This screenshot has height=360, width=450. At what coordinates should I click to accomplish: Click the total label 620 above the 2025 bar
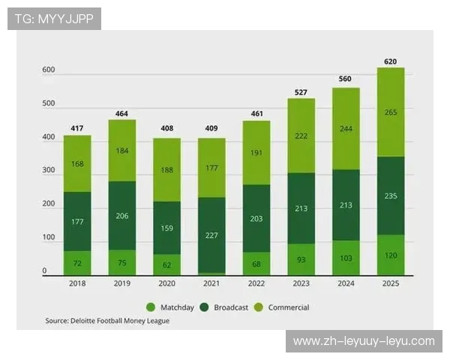[390, 61]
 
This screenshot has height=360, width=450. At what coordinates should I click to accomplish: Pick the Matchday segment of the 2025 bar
[390, 255]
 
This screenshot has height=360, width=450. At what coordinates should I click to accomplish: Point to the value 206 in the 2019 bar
[122, 215]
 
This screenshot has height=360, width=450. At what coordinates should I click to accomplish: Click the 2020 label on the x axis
[166, 284]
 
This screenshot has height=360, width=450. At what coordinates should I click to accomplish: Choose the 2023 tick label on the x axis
[301, 284]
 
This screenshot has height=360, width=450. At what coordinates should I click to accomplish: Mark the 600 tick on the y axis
[49, 70]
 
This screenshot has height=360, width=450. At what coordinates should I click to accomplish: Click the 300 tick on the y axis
[49, 171]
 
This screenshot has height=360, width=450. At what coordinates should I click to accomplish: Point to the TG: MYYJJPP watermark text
[54, 19]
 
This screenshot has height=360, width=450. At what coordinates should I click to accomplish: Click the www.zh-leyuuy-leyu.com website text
[363, 341]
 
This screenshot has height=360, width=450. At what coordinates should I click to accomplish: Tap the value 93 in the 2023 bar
[301, 259]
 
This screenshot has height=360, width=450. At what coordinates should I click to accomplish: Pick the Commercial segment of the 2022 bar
[256, 152]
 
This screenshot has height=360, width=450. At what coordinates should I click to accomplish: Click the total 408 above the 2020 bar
[166, 128]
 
